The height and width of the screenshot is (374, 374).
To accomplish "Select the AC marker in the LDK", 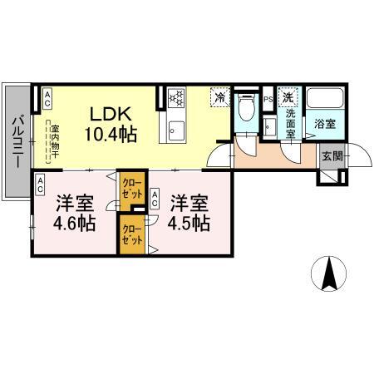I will (x=47, y=98).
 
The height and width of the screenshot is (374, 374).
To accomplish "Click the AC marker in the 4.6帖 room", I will (x=38, y=187).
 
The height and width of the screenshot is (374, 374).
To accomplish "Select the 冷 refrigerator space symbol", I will (x=219, y=98).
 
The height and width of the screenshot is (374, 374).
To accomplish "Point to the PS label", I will (x=268, y=98).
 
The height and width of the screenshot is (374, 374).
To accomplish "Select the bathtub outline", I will (x=322, y=100).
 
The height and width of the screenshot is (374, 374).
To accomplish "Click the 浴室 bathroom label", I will (x=323, y=125).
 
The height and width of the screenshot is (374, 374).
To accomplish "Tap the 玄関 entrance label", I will (x=331, y=156).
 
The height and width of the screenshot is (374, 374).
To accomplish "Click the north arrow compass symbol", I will (x=329, y=273).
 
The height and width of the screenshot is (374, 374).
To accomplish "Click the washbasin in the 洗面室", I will (x=271, y=125).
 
